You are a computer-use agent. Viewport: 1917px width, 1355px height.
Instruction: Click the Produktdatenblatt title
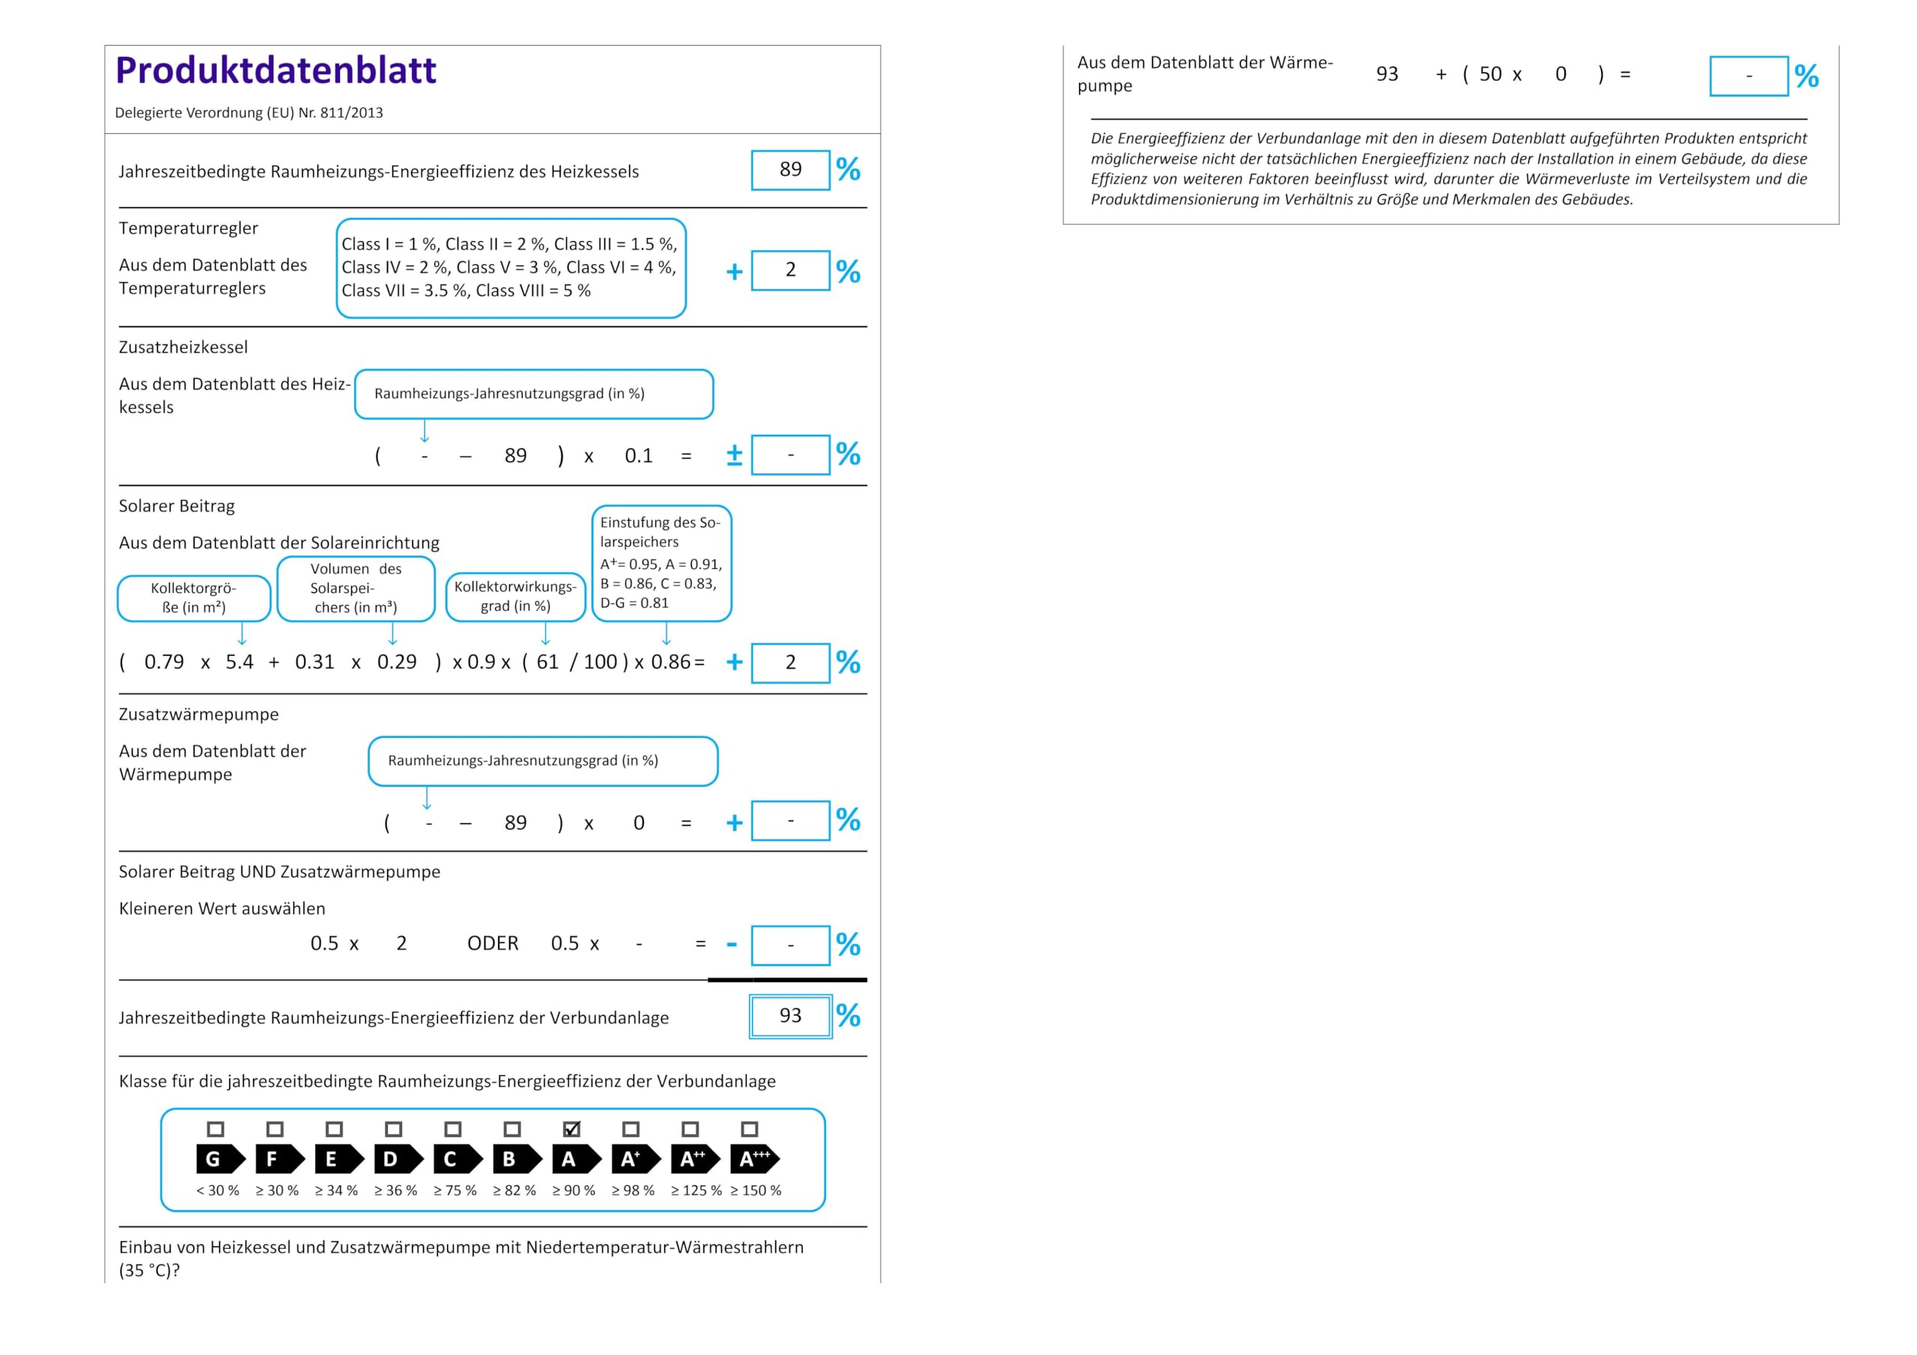276,70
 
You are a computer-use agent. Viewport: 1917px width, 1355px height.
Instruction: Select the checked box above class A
571,1129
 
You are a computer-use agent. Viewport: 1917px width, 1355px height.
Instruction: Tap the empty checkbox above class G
216,1129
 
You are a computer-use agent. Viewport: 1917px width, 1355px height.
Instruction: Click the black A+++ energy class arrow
755,1159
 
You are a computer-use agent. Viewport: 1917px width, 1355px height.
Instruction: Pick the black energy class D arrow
398,1159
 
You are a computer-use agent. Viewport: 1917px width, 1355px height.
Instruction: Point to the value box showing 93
791,1016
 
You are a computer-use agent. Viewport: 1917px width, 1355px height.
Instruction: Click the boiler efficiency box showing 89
791,171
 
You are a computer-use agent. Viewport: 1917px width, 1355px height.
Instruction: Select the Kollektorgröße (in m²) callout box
194,597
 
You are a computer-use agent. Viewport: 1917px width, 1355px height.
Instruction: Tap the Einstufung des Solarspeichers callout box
661,563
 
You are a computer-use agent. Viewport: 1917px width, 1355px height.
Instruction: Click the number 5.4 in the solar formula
240,662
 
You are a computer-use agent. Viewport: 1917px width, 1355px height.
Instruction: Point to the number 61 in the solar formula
547,662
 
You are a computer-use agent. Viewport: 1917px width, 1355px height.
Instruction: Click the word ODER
493,943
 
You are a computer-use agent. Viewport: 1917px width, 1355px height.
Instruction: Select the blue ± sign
735,455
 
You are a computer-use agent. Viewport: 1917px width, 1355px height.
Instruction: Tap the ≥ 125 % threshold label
696,1190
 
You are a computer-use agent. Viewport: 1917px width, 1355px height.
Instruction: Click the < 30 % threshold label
217,1190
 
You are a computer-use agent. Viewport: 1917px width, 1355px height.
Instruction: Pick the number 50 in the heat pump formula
1490,74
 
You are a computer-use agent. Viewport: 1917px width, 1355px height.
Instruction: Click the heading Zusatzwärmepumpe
198,715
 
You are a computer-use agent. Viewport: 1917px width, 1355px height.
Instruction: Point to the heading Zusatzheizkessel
183,347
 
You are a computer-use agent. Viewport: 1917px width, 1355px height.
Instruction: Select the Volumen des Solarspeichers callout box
356,588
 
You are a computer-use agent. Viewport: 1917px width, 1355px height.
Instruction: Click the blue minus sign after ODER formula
732,944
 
